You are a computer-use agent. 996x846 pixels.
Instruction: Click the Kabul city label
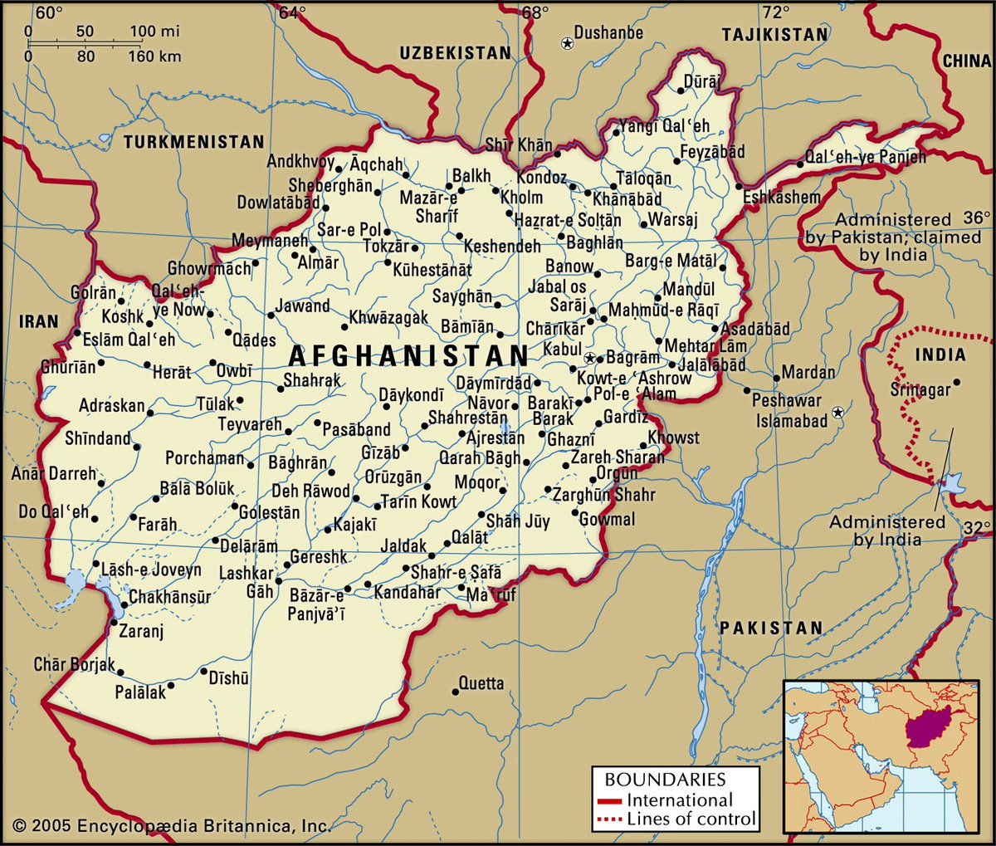(x=562, y=349)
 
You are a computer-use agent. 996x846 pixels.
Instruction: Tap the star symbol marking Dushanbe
(x=567, y=42)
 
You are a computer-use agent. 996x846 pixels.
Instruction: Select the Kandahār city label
(x=408, y=592)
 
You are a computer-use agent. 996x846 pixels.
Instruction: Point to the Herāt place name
(x=172, y=373)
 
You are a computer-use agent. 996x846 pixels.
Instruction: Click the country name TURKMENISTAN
(x=193, y=142)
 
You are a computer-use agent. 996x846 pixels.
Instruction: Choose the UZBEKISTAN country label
(x=456, y=53)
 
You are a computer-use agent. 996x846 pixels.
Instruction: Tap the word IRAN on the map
(x=39, y=320)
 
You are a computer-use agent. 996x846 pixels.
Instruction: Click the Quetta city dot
(x=455, y=692)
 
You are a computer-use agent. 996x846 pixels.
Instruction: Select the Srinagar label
(x=920, y=389)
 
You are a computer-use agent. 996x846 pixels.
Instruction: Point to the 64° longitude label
(x=291, y=12)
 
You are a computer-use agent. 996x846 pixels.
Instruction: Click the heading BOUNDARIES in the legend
(x=665, y=780)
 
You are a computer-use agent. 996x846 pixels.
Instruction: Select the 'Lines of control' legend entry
(x=691, y=819)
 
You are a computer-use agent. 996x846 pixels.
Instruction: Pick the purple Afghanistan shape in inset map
(x=928, y=726)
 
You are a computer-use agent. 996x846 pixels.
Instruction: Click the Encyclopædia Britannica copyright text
(x=172, y=825)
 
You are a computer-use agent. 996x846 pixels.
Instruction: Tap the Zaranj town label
(x=141, y=631)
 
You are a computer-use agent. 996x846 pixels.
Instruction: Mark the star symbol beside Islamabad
(x=838, y=412)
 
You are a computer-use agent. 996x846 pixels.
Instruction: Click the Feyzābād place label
(x=712, y=152)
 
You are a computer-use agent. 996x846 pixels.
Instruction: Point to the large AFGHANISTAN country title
(x=408, y=356)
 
